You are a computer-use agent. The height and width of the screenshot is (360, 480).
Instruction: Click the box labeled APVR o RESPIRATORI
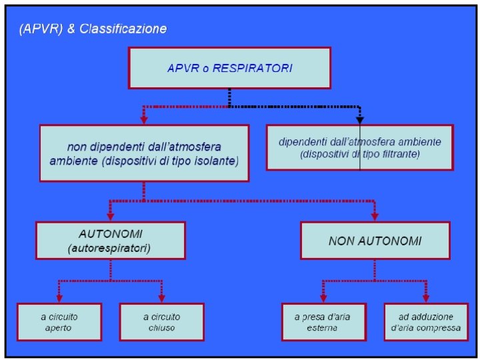tap(229, 68)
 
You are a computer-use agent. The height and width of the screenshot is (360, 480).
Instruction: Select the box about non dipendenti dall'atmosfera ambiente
tap(144, 153)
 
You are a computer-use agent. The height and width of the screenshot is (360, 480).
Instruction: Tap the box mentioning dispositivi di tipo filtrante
tap(359, 147)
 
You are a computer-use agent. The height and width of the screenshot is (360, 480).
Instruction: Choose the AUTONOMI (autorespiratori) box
tap(111, 241)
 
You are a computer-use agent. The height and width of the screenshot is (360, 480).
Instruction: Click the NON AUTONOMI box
tap(375, 241)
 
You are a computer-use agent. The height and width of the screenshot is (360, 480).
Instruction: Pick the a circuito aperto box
tap(60, 322)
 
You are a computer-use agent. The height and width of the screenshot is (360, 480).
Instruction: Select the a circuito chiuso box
tap(161, 322)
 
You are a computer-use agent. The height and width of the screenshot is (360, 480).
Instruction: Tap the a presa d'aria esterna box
tap(323, 322)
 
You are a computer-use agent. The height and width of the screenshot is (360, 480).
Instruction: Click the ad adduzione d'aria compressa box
tap(425, 322)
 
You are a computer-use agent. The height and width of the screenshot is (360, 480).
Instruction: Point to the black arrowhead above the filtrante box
tap(360, 119)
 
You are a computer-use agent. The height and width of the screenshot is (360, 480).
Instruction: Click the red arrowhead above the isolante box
tap(143, 119)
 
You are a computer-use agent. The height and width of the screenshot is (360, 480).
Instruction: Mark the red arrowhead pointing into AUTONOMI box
tap(111, 216)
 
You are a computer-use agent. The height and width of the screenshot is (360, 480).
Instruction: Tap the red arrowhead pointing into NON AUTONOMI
tap(374, 216)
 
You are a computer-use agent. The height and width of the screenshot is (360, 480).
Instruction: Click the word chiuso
tap(161, 328)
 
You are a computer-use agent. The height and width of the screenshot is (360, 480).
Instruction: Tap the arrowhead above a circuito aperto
tap(60, 298)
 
